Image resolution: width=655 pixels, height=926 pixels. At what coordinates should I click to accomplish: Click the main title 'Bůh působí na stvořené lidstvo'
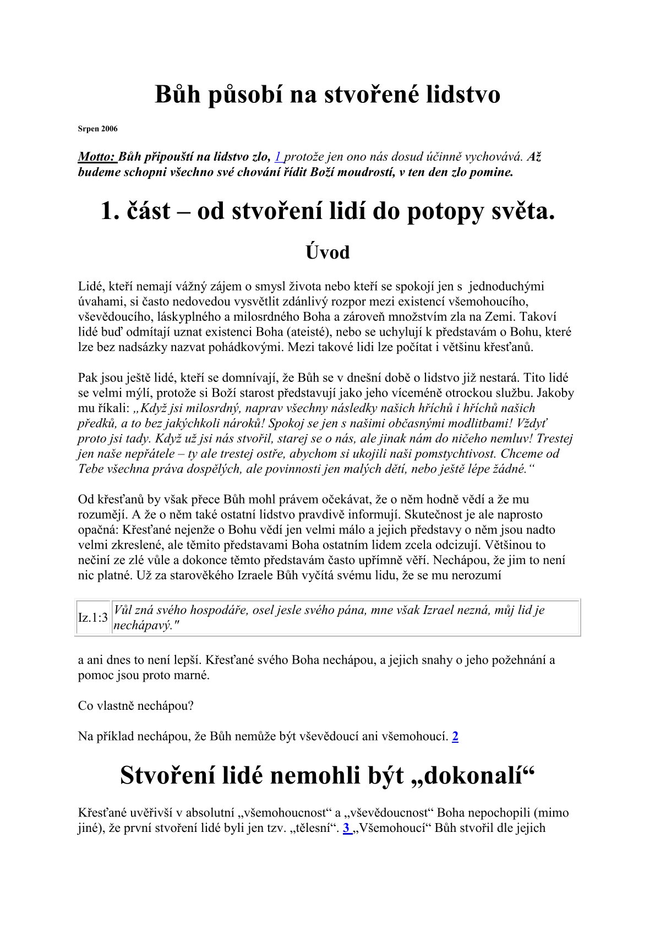(327, 95)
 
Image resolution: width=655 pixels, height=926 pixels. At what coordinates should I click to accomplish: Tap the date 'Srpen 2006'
(97, 129)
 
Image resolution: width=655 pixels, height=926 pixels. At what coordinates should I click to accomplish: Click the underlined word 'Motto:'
(97, 157)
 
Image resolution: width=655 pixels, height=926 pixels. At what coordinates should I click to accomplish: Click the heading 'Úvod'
(327, 253)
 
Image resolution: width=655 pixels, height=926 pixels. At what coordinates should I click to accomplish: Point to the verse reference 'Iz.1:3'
(93, 618)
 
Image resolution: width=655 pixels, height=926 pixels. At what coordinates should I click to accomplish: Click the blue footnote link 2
(455, 736)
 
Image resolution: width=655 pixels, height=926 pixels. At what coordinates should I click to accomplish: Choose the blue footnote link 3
(347, 828)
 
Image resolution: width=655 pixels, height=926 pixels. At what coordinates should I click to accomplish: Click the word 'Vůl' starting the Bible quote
(122, 610)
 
